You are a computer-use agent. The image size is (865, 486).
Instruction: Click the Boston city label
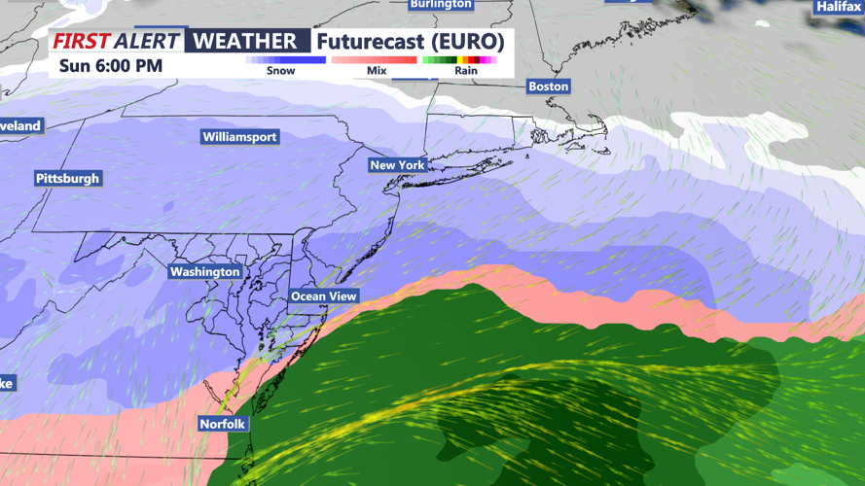[548, 87]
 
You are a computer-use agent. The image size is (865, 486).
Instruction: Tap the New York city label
[397, 165]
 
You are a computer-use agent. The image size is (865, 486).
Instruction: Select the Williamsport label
[239, 137]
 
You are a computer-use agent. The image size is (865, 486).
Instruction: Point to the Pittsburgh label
[67, 179]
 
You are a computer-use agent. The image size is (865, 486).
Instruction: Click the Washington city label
[204, 272]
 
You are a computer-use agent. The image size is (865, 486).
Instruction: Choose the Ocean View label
[324, 296]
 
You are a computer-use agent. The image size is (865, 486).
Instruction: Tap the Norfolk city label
[223, 425]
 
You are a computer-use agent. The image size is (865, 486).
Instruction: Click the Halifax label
[838, 7]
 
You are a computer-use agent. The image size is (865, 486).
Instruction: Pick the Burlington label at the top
[441, 5]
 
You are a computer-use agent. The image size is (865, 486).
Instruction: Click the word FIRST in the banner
[81, 42]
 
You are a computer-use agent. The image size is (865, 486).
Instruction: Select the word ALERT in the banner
[146, 42]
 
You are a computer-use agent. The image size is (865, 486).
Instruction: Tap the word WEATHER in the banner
[245, 42]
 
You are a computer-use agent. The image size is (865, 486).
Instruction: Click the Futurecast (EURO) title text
[411, 42]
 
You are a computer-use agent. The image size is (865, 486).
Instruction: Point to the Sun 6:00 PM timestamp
[111, 67]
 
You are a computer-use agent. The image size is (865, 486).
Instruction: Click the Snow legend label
[280, 71]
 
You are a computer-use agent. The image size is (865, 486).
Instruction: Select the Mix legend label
[377, 71]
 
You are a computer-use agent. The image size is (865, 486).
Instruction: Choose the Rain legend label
[466, 71]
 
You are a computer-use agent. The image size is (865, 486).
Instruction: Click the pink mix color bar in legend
[375, 60]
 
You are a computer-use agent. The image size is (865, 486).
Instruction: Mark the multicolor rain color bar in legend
[460, 60]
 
